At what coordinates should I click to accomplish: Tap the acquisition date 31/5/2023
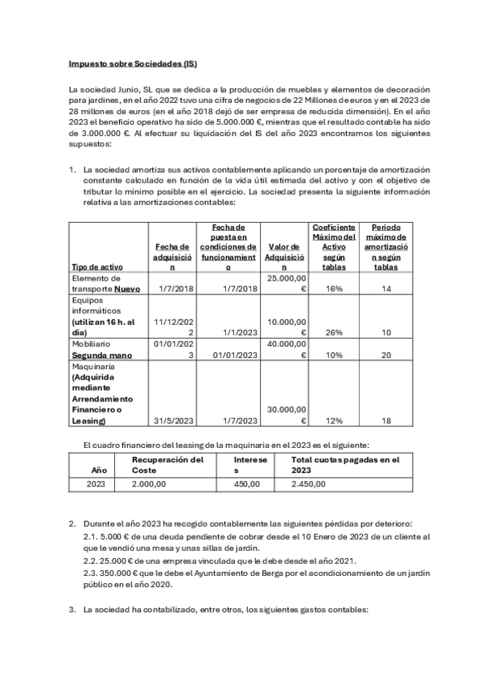[171, 421]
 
